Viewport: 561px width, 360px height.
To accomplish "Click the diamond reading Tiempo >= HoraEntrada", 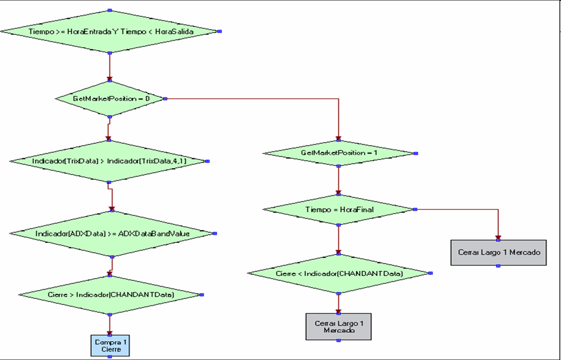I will (110, 32).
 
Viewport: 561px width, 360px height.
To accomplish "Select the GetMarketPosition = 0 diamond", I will (110, 99).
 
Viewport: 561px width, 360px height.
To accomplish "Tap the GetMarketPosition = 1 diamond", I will (339, 153).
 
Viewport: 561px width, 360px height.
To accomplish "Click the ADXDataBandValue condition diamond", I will (112, 234).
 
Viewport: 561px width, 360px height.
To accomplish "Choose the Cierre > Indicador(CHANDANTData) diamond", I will (110, 295).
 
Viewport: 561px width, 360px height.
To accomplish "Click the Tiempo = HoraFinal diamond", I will (339, 210).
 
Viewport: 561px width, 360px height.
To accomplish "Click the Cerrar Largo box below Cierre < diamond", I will (339, 327).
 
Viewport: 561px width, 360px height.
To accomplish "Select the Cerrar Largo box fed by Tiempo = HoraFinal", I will (498, 253).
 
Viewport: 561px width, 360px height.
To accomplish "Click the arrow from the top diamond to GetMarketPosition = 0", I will (110, 67).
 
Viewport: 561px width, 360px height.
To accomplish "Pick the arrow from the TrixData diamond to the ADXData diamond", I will (112, 196).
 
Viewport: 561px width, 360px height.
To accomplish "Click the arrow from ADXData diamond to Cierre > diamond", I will (111, 264).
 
